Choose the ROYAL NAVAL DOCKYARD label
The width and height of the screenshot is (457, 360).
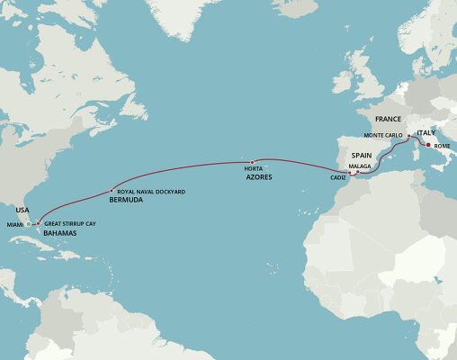click(x=150, y=192)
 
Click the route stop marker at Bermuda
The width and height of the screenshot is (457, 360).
click(x=112, y=192)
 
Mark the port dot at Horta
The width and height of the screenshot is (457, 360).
click(x=251, y=162)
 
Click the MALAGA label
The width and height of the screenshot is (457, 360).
click(x=360, y=166)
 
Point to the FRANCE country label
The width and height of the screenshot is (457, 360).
click(x=388, y=119)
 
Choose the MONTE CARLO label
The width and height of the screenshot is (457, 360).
click(x=385, y=135)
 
